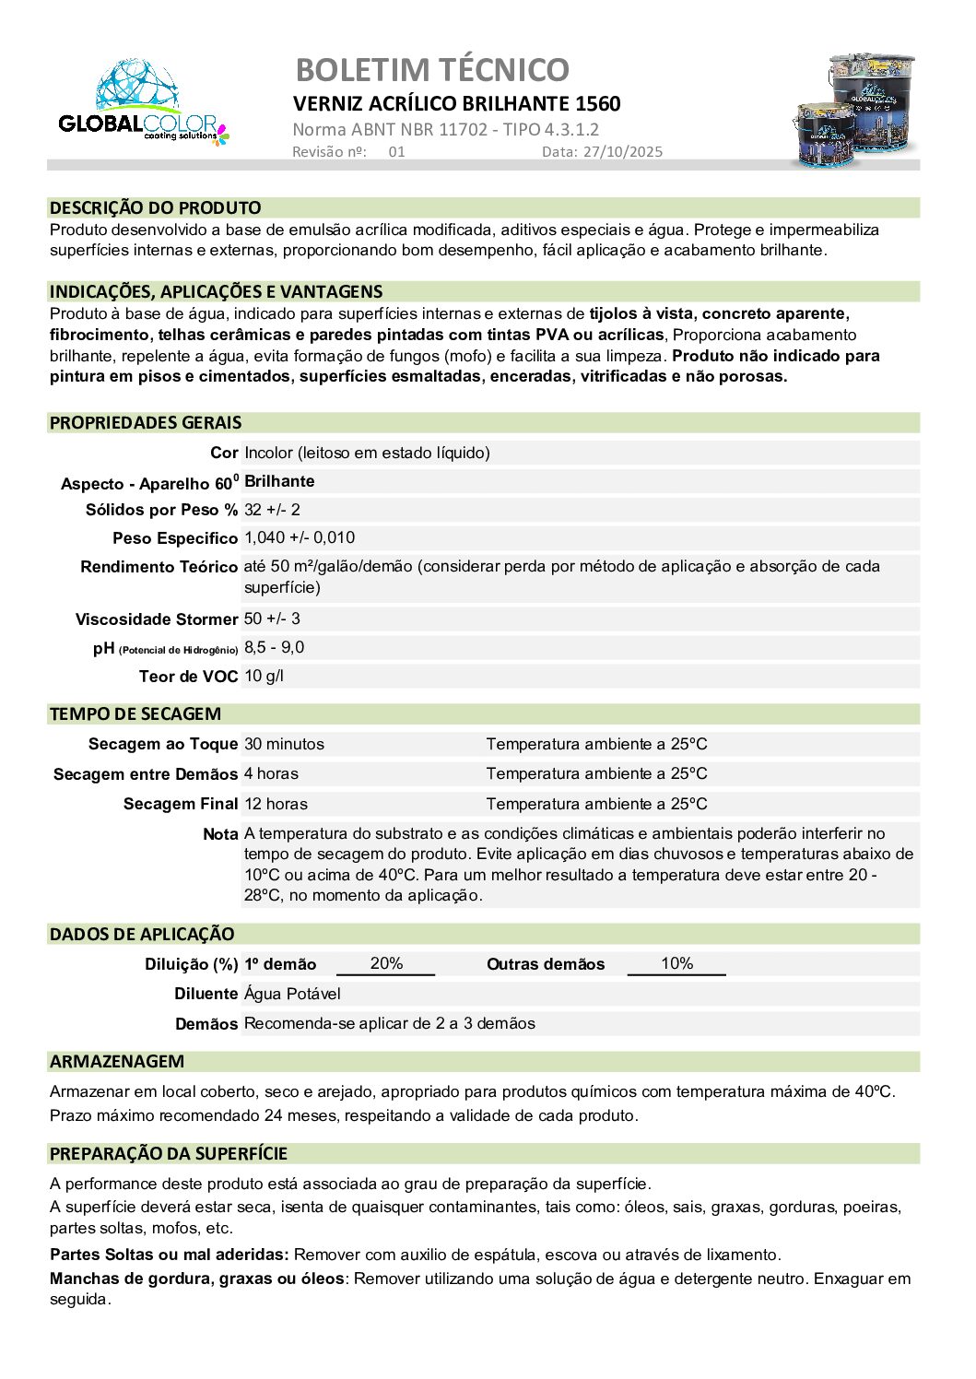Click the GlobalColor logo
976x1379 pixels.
click(x=143, y=103)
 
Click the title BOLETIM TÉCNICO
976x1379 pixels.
click(x=431, y=70)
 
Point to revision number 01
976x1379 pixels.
click(x=396, y=152)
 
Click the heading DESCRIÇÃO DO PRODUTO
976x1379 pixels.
click(x=155, y=208)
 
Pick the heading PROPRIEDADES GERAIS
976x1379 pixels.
click(x=146, y=423)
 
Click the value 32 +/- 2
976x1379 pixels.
click(x=272, y=510)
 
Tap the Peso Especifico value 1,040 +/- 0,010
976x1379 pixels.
click(x=300, y=538)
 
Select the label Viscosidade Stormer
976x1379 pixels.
click(x=157, y=619)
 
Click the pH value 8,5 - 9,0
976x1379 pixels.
click(x=274, y=648)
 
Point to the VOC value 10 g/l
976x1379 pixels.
click(x=264, y=677)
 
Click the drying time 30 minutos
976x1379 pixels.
click(x=284, y=744)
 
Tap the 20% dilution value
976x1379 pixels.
click(x=386, y=963)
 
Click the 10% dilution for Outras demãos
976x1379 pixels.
click(x=676, y=963)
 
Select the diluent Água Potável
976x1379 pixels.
click(x=292, y=994)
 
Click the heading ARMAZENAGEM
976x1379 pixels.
click(x=117, y=1062)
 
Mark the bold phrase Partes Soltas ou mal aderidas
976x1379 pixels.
click(x=170, y=1255)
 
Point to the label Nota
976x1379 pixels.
click(x=220, y=834)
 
